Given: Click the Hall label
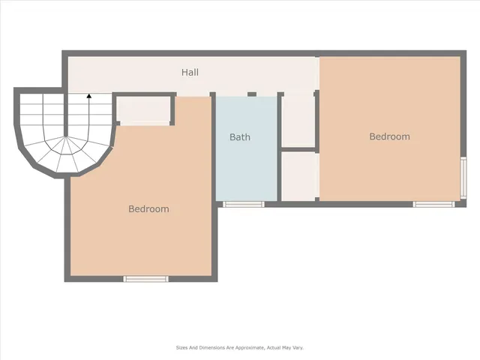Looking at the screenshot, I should coord(190,73).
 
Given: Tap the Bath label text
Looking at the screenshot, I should coord(240,137).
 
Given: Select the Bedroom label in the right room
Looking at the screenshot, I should coord(389,136).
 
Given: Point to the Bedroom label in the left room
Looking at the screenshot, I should coord(148,209).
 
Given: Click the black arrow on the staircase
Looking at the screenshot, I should coord(89,96).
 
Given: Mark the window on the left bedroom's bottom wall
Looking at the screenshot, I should coord(145,279).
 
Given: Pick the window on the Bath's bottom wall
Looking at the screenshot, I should coord(244,204).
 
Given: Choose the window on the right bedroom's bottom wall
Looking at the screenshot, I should coord(433,204).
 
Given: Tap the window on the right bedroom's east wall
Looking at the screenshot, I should coord(463,177).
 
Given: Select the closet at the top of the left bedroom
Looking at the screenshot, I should coord(144,110).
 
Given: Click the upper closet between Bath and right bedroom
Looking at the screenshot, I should coord(298,120).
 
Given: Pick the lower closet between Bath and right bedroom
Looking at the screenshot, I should coord(298,175).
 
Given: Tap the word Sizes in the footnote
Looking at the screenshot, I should coord(182,348).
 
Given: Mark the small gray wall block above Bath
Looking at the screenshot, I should coord(252,94).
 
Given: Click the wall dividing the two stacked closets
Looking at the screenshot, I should coord(298,149).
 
